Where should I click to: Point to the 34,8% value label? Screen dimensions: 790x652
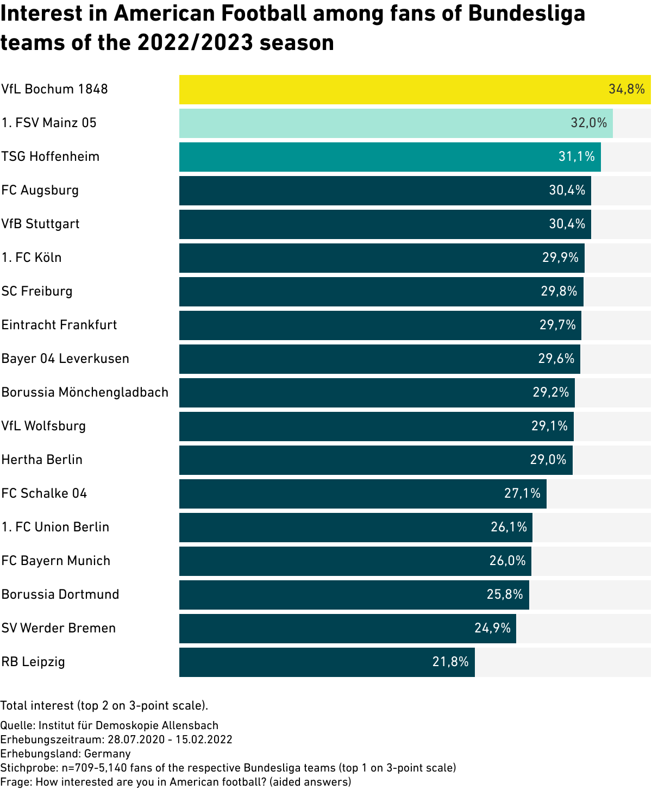(626, 90)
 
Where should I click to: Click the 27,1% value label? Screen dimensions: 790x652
(522, 493)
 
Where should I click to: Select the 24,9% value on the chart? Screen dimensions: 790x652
(492, 628)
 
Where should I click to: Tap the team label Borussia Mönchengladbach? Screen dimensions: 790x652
(85, 392)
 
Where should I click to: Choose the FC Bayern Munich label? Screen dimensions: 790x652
(56, 561)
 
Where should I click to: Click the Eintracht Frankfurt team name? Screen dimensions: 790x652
(59, 325)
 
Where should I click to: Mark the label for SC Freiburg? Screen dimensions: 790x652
(37, 291)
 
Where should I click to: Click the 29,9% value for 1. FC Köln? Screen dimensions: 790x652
(560, 258)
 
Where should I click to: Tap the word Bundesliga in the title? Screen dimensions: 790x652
(526, 14)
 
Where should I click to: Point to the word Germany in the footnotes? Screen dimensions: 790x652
(108, 754)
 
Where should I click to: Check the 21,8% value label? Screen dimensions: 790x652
(450, 662)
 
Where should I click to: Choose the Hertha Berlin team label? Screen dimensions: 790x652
(42, 460)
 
